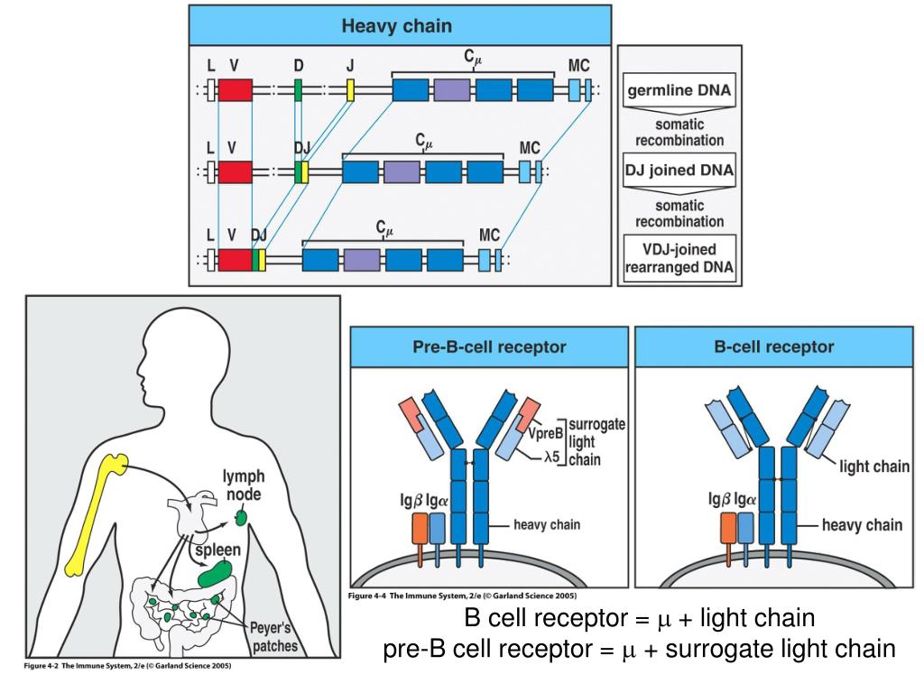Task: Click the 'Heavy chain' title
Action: click(x=397, y=26)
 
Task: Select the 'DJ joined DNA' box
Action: click(x=679, y=170)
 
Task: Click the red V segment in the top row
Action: click(x=235, y=90)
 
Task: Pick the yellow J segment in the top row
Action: click(x=350, y=90)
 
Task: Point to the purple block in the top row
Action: click(x=453, y=90)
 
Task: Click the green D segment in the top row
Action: click(x=298, y=90)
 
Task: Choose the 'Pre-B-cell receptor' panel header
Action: click(x=489, y=346)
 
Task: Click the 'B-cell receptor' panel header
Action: click(x=774, y=346)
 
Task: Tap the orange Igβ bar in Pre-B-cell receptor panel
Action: click(x=420, y=530)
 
